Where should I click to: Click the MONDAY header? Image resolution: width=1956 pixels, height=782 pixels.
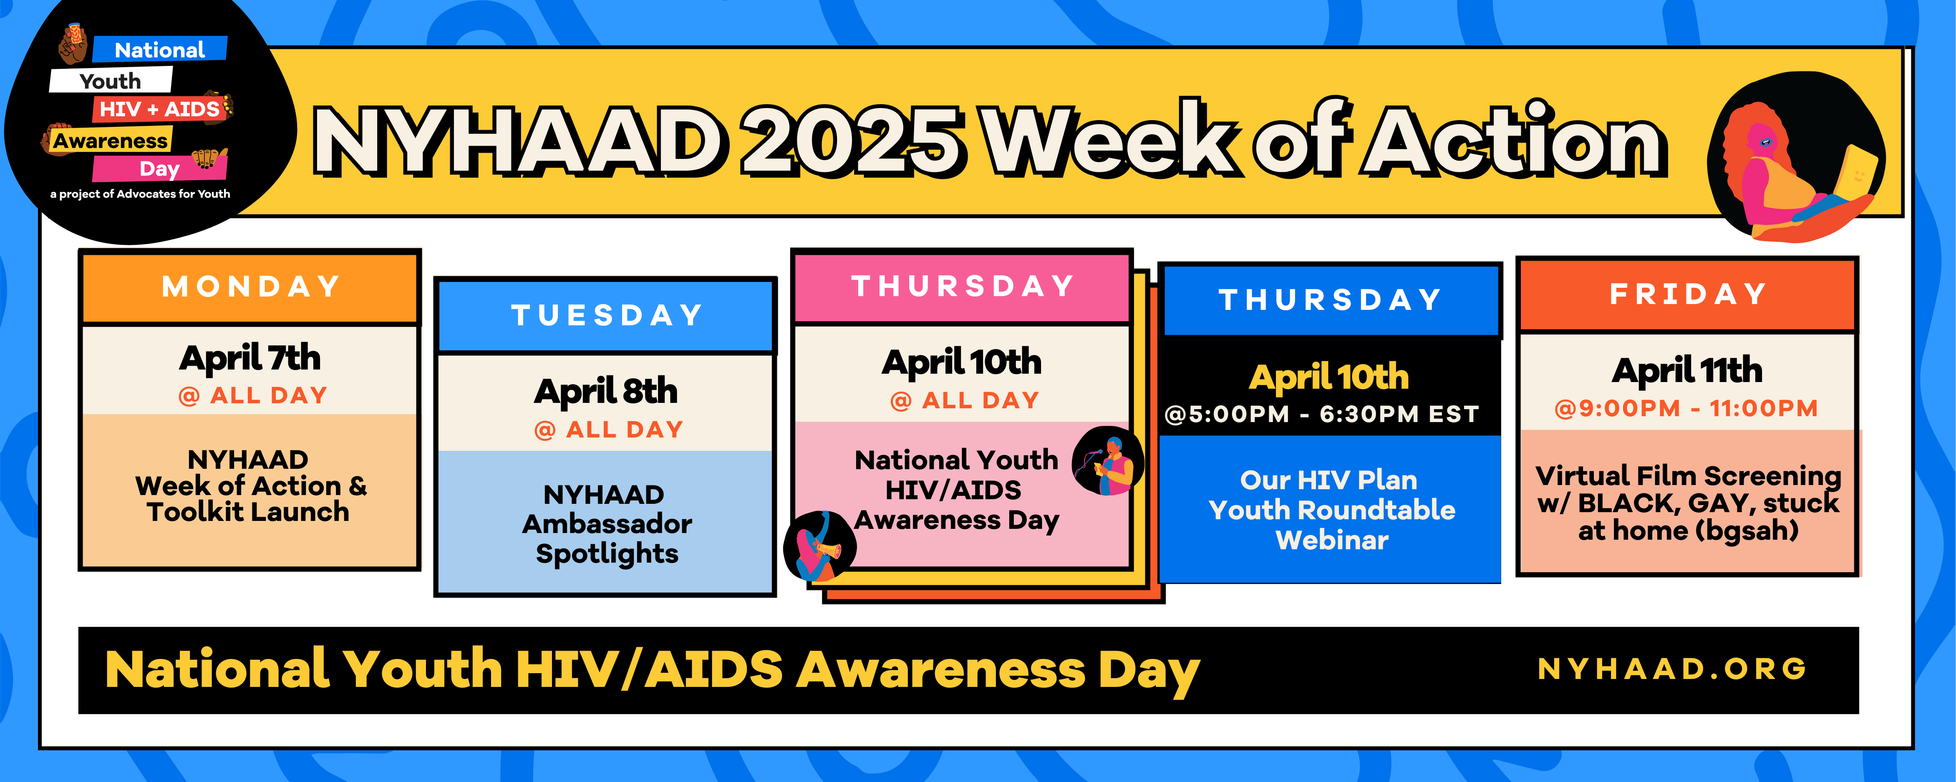251,287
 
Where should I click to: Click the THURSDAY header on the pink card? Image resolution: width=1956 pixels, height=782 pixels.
963,286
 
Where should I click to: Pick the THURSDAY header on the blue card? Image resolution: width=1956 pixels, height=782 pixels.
1330,300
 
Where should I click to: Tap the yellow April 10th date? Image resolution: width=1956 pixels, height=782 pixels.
1329,377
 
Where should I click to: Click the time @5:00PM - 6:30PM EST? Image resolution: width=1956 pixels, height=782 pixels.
1322,415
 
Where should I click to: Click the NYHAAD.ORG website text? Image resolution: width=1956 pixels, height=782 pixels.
1672,669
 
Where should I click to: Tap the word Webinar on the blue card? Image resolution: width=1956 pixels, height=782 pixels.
1332,540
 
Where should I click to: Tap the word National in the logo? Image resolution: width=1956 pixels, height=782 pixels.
159,50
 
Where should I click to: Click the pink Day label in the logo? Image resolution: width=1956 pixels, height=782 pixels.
159,168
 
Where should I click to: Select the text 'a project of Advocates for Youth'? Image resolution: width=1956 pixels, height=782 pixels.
141,194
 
